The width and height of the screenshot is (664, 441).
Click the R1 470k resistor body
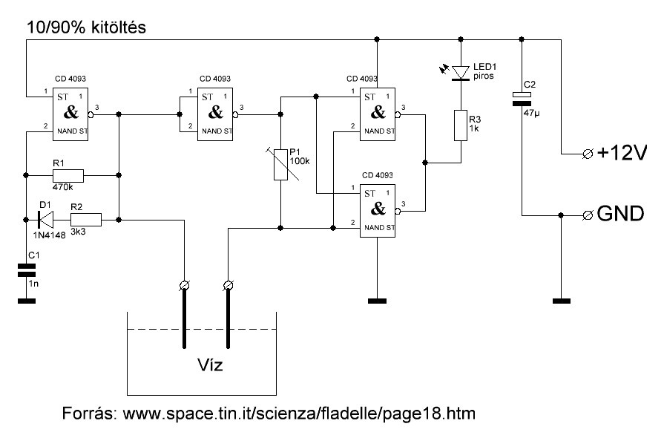(68, 175)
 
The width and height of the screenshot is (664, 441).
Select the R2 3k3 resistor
(86, 220)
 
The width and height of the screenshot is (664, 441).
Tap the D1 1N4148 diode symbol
(46, 220)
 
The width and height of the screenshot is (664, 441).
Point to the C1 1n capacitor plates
(26, 269)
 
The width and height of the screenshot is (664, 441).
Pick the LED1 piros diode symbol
(460, 73)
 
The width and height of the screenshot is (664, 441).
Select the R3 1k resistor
(461, 125)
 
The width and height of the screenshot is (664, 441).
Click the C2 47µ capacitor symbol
(522, 99)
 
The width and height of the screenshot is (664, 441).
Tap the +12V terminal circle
(588, 154)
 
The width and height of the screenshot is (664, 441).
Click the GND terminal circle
(588, 215)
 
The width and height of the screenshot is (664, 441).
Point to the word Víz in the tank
(210, 365)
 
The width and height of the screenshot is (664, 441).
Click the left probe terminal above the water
(184, 286)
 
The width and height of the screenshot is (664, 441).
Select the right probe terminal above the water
(229, 286)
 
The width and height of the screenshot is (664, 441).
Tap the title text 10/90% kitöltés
(86, 27)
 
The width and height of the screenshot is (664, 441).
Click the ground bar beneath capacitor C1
(26, 301)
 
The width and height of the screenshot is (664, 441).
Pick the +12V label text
(622, 153)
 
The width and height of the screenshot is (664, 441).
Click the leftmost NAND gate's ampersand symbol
(70, 112)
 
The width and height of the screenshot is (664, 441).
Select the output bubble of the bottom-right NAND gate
(398, 211)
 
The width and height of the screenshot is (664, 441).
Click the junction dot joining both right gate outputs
(425, 163)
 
